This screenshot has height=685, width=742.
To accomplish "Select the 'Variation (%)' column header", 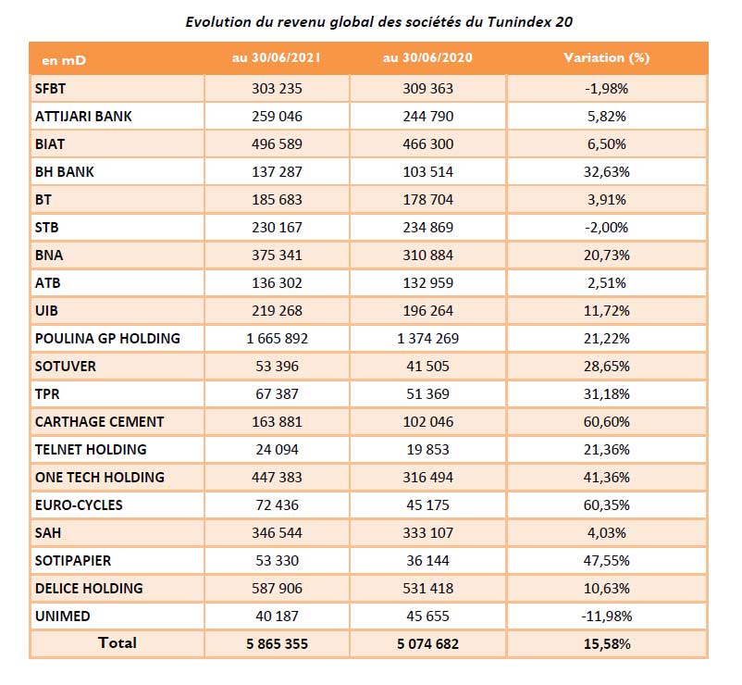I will [x=607, y=57].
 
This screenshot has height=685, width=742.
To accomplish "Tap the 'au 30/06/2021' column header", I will [x=277, y=57].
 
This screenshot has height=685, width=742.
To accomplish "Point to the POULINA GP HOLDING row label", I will [x=106, y=338].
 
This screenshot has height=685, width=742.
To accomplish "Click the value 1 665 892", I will [x=277, y=338].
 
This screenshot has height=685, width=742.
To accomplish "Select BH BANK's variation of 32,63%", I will [x=607, y=172].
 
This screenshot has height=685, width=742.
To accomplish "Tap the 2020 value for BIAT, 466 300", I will [x=427, y=144].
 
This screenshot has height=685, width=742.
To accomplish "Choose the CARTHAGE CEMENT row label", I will [x=99, y=421].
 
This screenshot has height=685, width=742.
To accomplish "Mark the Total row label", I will [x=117, y=642].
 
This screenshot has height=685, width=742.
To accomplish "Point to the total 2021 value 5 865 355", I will [x=277, y=643].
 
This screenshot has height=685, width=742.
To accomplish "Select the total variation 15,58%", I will [x=607, y=643].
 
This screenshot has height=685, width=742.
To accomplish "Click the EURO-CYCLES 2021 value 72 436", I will [x=277, y=504].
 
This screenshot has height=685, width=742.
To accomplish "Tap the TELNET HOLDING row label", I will [x=90, y=449].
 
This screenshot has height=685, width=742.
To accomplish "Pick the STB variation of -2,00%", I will [x=607, y=228].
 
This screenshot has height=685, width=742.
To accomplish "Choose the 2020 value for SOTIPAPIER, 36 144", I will [x=427, y=560].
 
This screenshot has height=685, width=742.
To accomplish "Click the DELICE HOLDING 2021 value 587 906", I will [x=277, y=588].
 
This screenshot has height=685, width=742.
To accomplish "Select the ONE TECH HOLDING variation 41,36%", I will [x=607, y=477].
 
